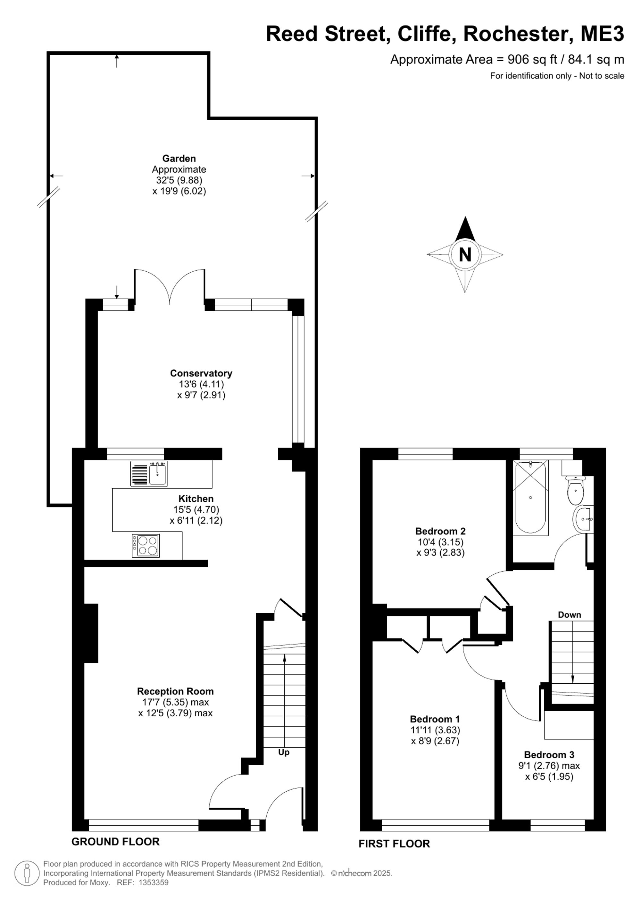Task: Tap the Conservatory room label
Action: point(201,373)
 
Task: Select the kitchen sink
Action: point(149,474)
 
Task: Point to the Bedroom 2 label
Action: point(440,531)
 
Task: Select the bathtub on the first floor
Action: point(530,497)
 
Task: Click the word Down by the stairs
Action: point(569,615)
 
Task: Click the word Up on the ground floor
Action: point(284,753)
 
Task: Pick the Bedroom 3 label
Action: point(549,755)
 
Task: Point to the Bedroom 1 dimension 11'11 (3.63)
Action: point(435,730)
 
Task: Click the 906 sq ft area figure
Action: point(532,60)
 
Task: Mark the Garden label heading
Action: point(179,158)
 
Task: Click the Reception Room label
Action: point(175,691)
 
